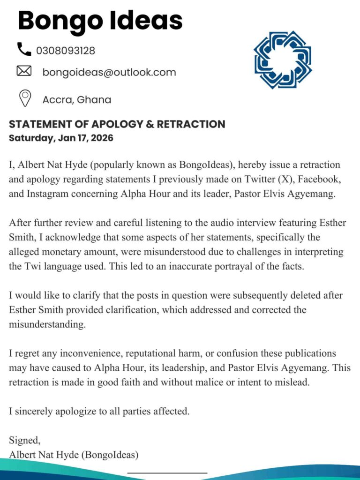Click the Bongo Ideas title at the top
pos(100,21)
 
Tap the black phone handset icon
pos(23,49)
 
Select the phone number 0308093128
pos(66,51)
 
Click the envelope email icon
pos(24,71)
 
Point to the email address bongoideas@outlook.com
pos(109,72)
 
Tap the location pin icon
pos(24,98)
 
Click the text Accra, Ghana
pos(77,99)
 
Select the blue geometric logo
pos(283,60)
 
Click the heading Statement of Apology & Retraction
pos(117,124)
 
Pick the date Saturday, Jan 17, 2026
pos(61,138)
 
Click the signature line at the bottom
pos(167,472)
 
